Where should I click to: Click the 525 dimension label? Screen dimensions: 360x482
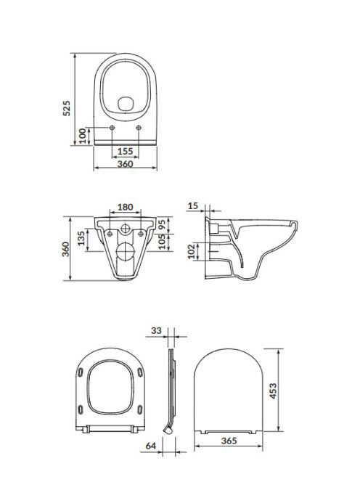tap(67, 108)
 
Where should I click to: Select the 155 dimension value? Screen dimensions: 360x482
tap(126, 151)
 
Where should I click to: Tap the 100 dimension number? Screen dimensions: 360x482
tap(83, 136)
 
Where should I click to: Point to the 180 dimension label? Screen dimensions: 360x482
tap(126, 207)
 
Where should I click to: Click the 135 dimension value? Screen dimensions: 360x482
tap(81, 239)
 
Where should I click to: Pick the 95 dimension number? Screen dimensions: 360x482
tap(163, 224)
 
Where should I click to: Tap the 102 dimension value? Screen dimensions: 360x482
tap(191, 251)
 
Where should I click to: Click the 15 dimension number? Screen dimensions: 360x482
tap(193, 206)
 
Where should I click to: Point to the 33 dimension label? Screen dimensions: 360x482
tap(156, 331)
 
